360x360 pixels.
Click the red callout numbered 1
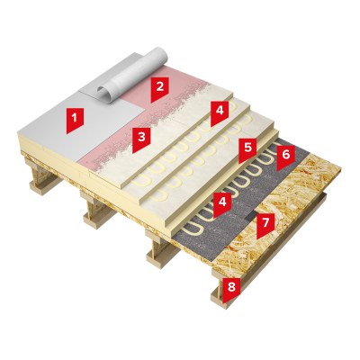(75, 119)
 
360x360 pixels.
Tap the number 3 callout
(141, 138)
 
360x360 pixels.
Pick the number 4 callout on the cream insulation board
(220, 112)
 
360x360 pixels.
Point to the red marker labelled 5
(247, 150)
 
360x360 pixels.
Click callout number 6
(285, 157)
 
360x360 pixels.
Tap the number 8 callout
(231, 289)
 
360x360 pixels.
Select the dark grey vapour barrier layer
(228, 210)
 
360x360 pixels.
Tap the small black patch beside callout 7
(251, 216)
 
